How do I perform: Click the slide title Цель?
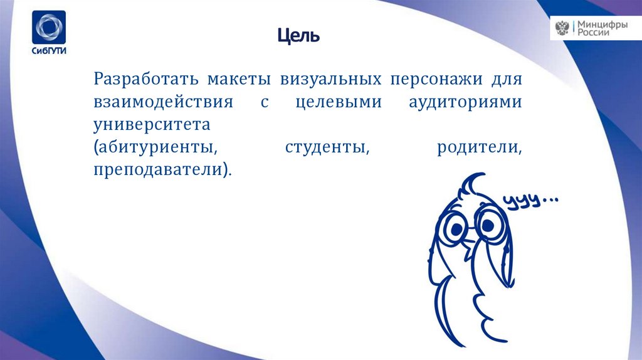(x=299, y=36)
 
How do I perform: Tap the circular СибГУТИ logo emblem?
(x=49, y=28)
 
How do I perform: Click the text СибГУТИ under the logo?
(x=49, y=52)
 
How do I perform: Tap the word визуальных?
(x=332, y=80)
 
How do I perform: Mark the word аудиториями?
(x=460, y=102)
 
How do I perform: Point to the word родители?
(x=480, y=147)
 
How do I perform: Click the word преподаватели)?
(x=162, y=169)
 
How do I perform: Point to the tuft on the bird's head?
(x=473, y=184)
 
